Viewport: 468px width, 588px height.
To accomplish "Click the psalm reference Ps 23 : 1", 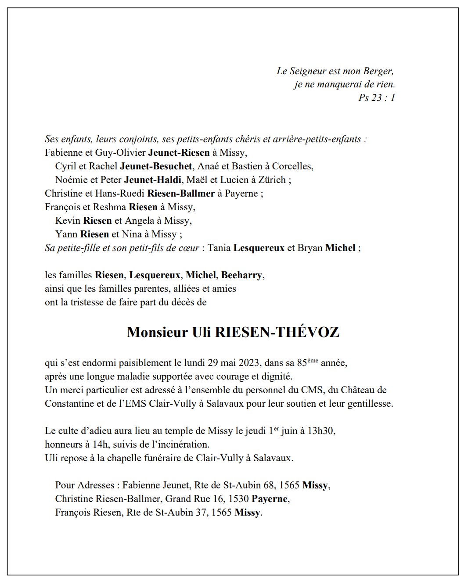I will tap(377, 98).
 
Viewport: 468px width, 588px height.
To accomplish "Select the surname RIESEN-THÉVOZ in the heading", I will tap(277, 332).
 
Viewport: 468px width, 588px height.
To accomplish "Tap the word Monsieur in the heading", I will tap(157, 332).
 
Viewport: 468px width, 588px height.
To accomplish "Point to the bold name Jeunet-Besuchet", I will tap(156, 166).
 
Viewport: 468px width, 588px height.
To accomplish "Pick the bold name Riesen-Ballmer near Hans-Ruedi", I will tap(181, 194).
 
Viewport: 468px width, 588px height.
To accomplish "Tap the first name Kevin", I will tap(68, 221).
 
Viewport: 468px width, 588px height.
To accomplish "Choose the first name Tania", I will tap(219, 248).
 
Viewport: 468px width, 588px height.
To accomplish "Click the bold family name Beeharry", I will tap(241, 275).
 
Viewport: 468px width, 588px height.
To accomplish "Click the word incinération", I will tap(181, 445).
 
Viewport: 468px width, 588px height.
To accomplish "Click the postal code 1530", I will tap(239, 499).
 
